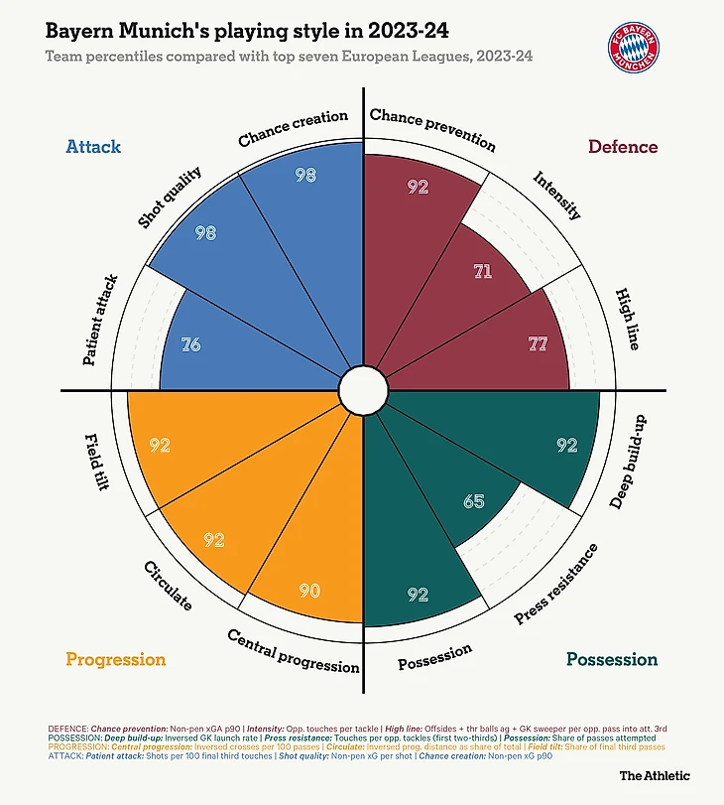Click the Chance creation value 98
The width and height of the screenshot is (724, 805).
point(305,175)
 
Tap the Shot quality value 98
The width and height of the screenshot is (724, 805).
point(205,233)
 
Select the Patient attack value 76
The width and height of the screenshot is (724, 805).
point(192,344)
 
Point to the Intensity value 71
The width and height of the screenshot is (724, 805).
point(482,270)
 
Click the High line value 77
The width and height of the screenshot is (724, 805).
point(539,344)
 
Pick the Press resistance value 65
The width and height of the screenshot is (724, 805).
point(474,501)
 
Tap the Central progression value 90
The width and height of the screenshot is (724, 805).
point(309,591)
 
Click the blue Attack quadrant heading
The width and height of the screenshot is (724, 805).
point(93,147)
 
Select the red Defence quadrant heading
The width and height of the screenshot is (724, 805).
point(623,147)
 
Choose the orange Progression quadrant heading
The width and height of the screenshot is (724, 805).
point(115,659)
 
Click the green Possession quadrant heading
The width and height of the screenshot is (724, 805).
point(612,659)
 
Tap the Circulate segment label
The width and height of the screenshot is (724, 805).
point(168,586)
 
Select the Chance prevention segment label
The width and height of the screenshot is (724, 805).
point(431,129)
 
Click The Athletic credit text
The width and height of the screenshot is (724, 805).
point(655,775)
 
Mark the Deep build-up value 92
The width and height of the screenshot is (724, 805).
point(566,446)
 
